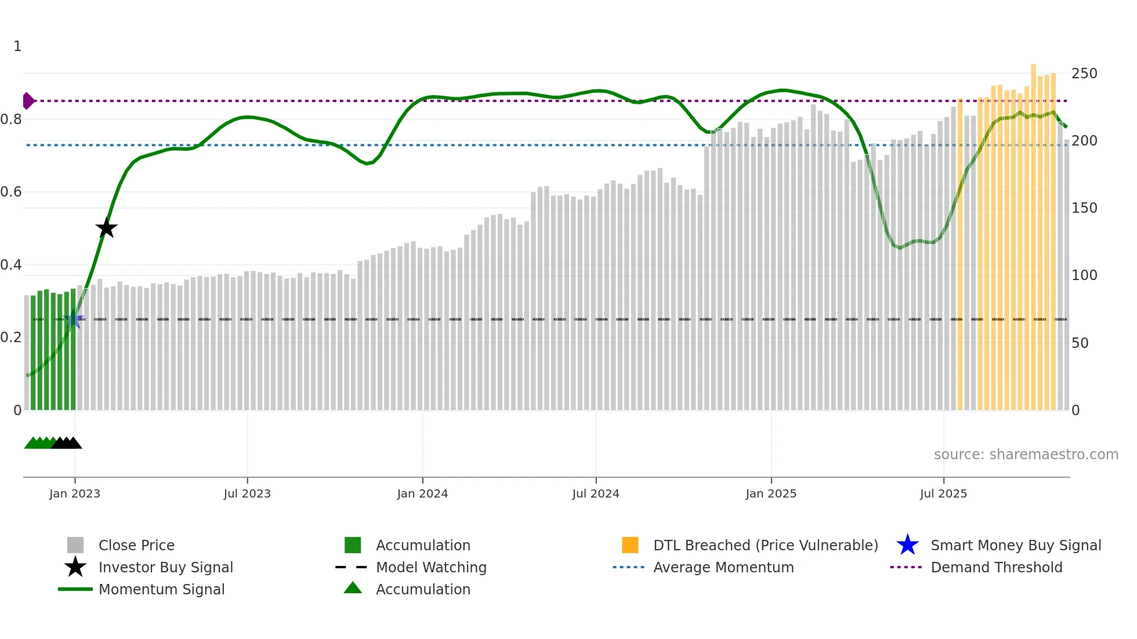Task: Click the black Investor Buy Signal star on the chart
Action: [106, 228]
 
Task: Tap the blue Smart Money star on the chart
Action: [74, 319]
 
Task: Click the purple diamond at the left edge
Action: [28, 101]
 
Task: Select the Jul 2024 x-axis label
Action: [596, 493]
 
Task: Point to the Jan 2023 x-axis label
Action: [75, 493]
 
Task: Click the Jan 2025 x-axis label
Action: [771, 493]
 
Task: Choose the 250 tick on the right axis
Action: [1084, 74]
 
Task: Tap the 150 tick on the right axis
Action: [1084, 208]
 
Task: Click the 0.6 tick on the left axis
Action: [11, 192]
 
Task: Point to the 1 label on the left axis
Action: [17, 46]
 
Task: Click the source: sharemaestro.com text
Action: [1026, 455]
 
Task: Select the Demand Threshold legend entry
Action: [996, 567]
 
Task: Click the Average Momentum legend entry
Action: [723, 567]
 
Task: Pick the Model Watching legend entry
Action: [430, 567]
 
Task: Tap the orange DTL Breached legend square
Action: [630, 545]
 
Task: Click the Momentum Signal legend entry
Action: [161, 589]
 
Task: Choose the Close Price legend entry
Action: [136, 545]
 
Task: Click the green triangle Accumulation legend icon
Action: [353, 588]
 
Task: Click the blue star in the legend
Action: [907, 545]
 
